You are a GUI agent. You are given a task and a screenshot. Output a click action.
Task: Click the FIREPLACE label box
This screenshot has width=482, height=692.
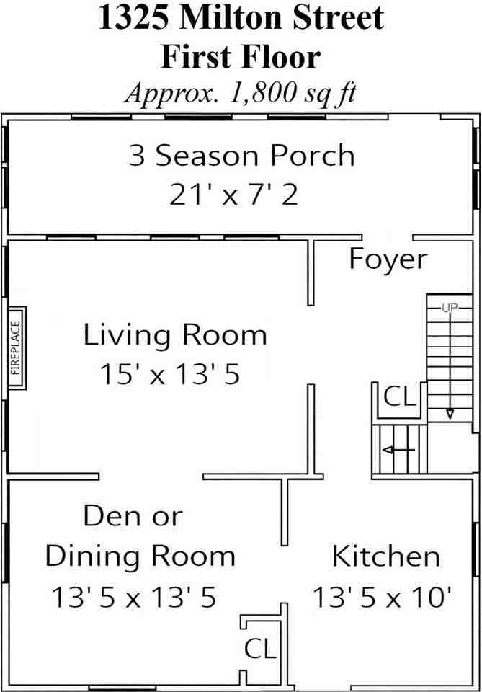[x=17, y=347]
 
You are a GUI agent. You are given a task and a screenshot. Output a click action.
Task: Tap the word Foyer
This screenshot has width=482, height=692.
[x=388, y=259]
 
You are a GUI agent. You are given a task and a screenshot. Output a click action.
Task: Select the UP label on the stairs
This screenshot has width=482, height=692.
[x=450, y=308]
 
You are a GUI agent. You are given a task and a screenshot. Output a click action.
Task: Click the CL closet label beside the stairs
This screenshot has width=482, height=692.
[x=400, y=396]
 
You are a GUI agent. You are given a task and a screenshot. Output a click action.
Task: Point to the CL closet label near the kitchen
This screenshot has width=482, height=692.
[x=260, y=648]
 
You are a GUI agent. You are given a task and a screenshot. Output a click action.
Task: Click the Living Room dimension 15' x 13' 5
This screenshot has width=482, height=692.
[x=170, y=374]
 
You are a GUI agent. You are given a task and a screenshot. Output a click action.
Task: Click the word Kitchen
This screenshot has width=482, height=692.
[x=386, y=556]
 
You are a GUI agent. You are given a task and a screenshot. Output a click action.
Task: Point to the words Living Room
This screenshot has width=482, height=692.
[x=175, y=335]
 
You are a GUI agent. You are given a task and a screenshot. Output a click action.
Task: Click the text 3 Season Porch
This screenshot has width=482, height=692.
[x=241, y=156]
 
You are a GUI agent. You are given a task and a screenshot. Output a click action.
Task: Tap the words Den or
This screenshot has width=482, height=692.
[x=133, y=515]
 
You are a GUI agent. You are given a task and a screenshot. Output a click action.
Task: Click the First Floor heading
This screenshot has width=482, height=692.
[x=241, y=58]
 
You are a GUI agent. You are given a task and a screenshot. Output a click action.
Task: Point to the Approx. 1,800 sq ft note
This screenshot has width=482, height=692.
[x=241, y=94]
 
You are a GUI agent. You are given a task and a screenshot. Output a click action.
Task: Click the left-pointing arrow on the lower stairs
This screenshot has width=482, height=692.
[x=399, y=450]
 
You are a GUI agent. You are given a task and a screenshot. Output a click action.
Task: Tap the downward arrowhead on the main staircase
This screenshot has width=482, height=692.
[x=450, y=414]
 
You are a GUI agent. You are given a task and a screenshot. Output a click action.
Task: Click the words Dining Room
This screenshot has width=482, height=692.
[x=140, y=557]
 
